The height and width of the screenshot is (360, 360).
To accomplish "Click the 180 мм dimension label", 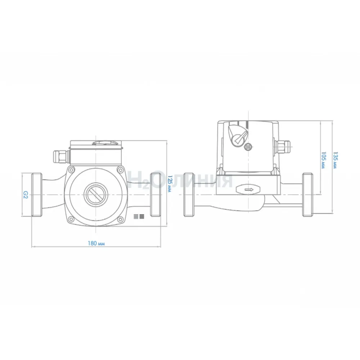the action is click(x=96, y=243).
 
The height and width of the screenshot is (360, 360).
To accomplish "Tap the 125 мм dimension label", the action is click(x=170, y=184).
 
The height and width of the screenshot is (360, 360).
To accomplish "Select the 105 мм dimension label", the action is click(x=323, y=160).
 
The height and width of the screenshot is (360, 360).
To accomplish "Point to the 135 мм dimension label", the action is click(x=336, y=160).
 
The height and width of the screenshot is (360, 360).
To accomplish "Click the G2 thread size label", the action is click(x=25, y=195).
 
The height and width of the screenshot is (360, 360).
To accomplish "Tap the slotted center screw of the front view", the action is click(x=96, y=195).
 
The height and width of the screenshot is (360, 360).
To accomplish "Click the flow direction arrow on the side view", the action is click(x=249, y=190).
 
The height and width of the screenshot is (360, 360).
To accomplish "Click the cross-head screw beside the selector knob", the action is click(x=248, y=147).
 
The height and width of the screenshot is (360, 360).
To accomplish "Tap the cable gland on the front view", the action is click(x=61, y=157).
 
